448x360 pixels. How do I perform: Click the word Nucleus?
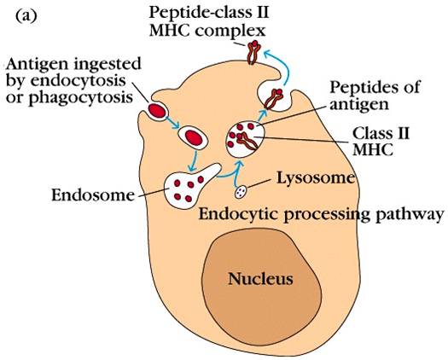pos(260,278)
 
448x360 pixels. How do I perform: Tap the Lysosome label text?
pos(316,178)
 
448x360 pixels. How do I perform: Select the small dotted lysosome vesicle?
pos(241,192)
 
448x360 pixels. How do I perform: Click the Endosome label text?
pos(93,195)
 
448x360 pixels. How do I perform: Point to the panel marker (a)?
pos(26,16)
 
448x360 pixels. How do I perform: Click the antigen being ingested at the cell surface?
pos(156,111)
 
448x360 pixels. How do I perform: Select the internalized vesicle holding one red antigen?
pos(193,137)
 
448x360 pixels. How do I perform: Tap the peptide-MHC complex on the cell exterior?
pos(253,52)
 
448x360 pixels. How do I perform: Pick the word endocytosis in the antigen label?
pos(78,81)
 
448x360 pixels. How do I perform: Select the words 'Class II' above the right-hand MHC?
pos(381,133)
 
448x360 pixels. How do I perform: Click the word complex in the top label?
pos(230,31)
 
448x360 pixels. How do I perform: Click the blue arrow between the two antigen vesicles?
pos(172,121)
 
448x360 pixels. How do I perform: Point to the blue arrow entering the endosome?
pos(193,161)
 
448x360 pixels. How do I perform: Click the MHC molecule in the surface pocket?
pos(273,99)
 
